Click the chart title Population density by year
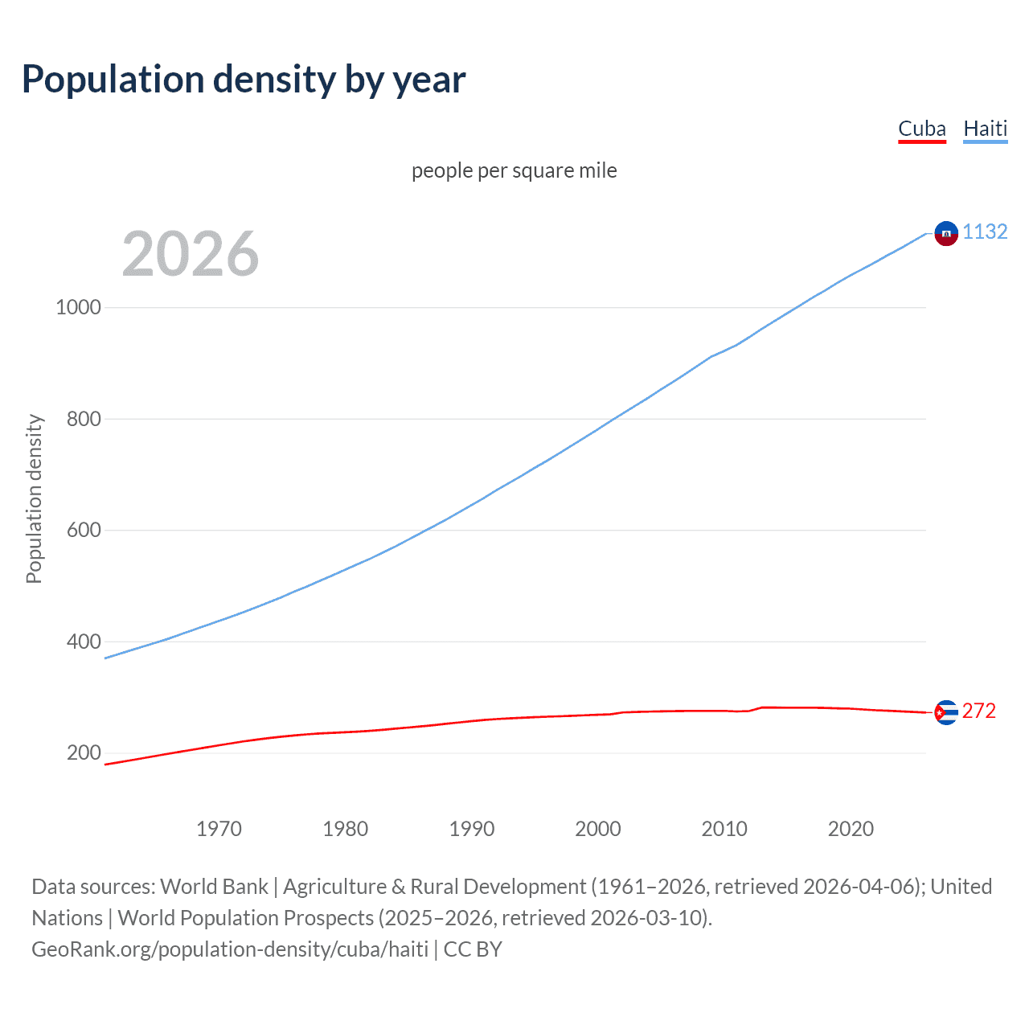pos(244,80)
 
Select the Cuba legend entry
pos(921,129)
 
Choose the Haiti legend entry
pos(985,129)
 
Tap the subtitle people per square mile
pos(514,170)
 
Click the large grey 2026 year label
pos(191,254)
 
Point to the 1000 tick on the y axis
pos(78,307)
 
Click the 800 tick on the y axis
pos(84,419)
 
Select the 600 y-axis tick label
pos(84,530)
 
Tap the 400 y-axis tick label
pos(84,642)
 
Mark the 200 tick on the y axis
pos(84,752)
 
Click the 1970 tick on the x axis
pos(219,829)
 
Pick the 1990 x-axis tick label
pos(472,829)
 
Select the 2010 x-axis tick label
pos(724,829)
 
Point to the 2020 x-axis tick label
pos(851,829)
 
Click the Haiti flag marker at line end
pos(946,233)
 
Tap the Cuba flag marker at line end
pos(946,712)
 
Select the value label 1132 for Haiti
pos(985,232)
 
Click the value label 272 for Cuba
pos(978,711)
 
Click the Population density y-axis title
pos(34,498)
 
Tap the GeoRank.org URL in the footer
pos(230,949)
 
